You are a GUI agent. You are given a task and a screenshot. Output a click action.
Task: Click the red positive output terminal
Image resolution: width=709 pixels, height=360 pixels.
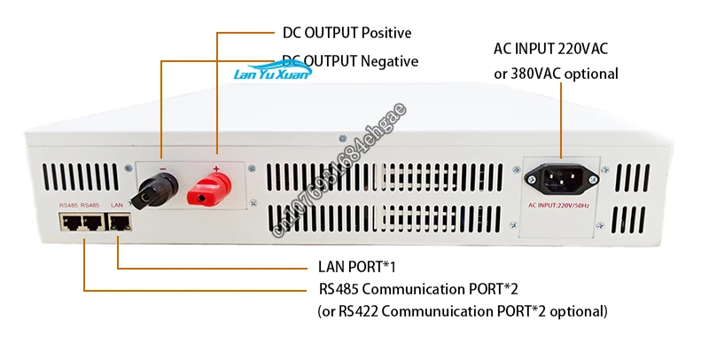coord(212,189)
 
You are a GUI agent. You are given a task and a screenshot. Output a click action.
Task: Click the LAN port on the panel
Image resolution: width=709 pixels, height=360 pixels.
coord(118,222)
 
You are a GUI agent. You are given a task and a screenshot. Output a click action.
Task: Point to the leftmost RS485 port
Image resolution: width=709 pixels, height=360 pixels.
coord(70,222)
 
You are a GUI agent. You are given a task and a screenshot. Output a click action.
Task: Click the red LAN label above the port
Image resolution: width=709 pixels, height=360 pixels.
coord(116,205)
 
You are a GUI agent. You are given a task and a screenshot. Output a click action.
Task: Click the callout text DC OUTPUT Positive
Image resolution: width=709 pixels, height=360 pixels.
coord(347,34)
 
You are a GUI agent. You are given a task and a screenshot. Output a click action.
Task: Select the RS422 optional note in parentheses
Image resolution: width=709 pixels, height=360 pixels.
coord(463,311)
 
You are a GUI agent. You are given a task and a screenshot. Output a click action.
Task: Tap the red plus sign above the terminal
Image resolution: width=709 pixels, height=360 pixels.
coord(215,167)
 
